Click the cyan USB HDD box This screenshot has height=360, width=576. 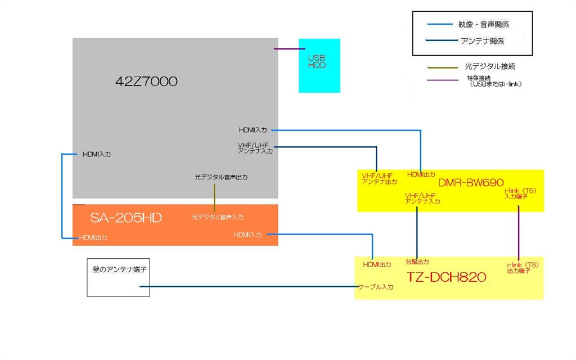319,65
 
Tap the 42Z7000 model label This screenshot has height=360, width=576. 146,82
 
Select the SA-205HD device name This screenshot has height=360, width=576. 126,218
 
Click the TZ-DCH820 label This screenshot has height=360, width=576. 447,277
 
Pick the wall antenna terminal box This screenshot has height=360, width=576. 118,277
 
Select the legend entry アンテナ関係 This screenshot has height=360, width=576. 481,41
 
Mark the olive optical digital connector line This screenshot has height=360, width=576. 214,195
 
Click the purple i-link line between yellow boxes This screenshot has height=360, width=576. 518,233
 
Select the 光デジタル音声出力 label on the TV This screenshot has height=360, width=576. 221,177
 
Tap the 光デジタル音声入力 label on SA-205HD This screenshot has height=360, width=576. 218,217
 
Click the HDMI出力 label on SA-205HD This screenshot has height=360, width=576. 93,237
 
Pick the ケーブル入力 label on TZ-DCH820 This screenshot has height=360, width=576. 376,287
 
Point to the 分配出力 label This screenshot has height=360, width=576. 417,262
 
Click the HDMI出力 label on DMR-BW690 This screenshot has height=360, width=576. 421,175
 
